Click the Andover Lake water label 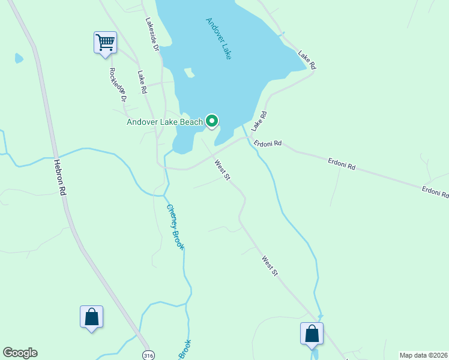[x=219, y=38]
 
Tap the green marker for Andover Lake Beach [x=212, y=121]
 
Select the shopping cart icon [x=105, y=43]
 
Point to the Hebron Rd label [x=59, y=176]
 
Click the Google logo [x=20, y=353]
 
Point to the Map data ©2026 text [x=424, y=355]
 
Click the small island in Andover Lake [x=190, y=73]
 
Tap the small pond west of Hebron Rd [x=19, y=58]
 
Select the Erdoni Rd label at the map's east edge [x=435, y=192]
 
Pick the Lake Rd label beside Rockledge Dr [x=142, y=82]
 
